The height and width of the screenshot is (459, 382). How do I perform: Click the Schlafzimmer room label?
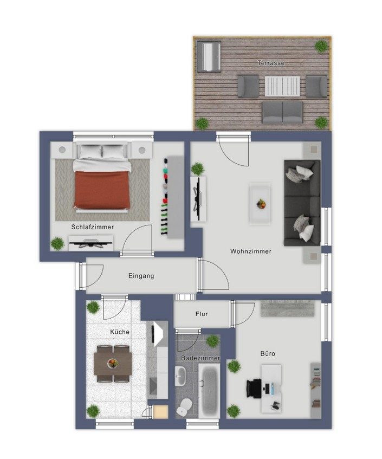click(93, 227)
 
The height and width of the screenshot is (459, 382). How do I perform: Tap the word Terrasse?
click(271, 63)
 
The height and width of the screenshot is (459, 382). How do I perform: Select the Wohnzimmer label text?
click(251, 251)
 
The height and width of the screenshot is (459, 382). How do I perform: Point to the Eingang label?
click(141, 276)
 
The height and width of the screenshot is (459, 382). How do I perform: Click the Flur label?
click(202, 314)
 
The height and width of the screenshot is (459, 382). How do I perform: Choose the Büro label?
click(268, 354)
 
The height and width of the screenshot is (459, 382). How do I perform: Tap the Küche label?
click(120, 332)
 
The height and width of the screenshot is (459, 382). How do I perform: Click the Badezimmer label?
click(200, 358)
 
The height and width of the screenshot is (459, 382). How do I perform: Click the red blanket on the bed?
click(102, 189)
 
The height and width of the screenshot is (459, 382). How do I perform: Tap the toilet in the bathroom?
click(184, 407)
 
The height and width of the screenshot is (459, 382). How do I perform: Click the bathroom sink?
click(180, 376)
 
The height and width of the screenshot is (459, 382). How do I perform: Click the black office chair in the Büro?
click(254, 389)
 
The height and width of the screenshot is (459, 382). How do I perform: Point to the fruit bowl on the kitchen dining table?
click(113, 364)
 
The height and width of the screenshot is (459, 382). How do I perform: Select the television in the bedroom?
click(91, 243)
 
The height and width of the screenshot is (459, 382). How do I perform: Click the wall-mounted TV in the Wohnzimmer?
click(198, 199)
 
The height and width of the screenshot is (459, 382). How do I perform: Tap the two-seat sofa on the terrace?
click(282, 112)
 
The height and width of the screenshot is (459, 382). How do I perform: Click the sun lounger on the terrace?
click(209, 56)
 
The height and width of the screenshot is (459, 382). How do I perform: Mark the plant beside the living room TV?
click(197, 169)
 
